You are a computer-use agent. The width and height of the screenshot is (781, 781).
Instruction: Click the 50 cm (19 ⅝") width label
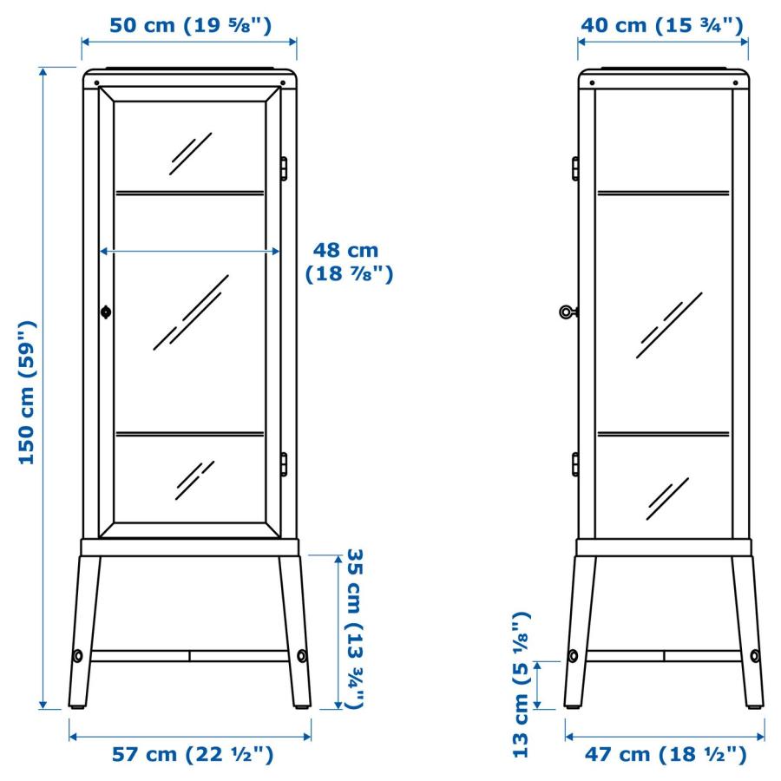[190, 24]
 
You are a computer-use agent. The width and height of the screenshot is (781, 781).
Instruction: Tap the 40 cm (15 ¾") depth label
[661, 24]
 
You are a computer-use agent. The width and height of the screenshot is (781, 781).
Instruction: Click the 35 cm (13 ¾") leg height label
[354, 629]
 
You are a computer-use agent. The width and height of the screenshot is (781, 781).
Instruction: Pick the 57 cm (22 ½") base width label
[193, 754]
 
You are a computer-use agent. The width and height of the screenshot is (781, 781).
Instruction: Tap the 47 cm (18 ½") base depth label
[665, 754]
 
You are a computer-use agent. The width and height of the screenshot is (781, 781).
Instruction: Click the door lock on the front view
[106, 312]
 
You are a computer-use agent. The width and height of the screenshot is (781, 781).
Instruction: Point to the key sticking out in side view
[567, 311]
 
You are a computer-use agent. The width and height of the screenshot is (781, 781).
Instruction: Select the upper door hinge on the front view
[283, 167]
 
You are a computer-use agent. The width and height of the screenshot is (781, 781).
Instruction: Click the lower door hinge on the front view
[283, 464]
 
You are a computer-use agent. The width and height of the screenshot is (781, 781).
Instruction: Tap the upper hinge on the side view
[574, 167]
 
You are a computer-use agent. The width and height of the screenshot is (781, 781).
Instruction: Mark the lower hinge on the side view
[574, 464]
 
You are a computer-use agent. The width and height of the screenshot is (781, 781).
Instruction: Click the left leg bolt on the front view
[78, 655]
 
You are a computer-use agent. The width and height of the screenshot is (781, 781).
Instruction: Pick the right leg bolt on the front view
[302, 655]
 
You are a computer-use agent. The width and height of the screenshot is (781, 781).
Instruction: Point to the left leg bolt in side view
[574, 655]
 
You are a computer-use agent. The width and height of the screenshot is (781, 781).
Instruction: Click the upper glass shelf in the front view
[190, 193]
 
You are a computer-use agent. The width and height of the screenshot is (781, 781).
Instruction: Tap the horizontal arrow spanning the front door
[190, 251]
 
